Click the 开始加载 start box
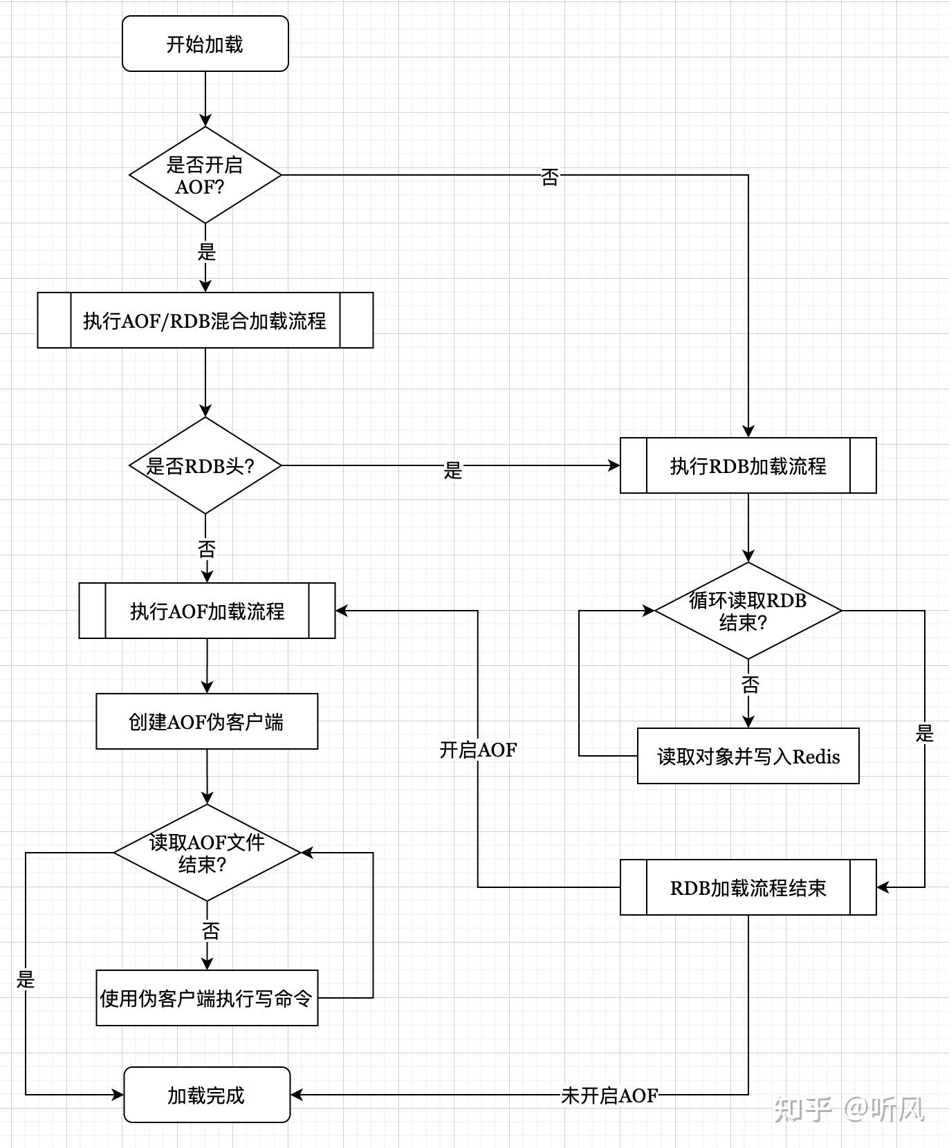coord(205,44)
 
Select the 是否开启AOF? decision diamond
coord(205,176)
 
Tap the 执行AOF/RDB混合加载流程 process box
coord(205,321)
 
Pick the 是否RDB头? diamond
coord(205,466)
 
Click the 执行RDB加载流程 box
coord(748,466)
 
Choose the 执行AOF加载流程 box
coord(207,611)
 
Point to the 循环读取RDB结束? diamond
coord(748,611)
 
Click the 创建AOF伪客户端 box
coord(207,722)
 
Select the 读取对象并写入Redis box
coord(748,757)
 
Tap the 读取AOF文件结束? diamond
coord(207,853)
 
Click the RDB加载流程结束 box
coord(748,888)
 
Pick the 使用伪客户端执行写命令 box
coord(207,999)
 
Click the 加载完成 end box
coord(207,1095)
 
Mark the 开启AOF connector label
coord(478,750)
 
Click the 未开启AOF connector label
coord(609,1095)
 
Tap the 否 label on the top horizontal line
coord(550,177)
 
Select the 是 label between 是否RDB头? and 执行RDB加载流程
coord(453,470)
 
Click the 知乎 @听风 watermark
coord(849,1109)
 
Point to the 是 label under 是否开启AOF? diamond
coord(207,252)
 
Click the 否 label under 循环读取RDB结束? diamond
coord(750,685)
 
